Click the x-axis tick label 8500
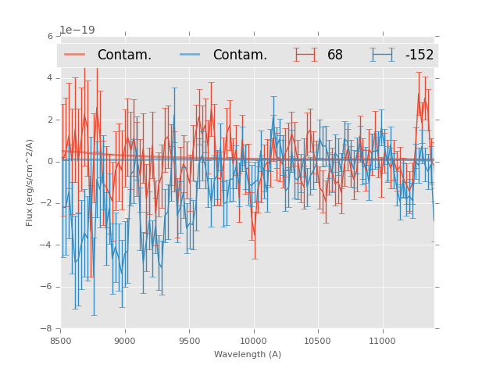pos(61,340)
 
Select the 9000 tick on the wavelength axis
pos(125,340)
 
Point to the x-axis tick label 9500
pos(189,340)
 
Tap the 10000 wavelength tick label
pos(253,340)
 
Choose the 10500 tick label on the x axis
pos(318,340)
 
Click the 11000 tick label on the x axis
pos(382,340)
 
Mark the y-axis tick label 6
pos(50,36)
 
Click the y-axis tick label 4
pos(50,78)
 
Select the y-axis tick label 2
pos(50,120)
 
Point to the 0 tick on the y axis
pos(50,162)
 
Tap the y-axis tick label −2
pos(48,203)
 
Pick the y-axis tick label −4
pos(48,245)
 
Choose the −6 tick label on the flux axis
pos(48,287)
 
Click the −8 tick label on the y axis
pos(48,329)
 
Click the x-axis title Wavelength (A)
pos(248,354)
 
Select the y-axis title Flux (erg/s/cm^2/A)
pos(30,182)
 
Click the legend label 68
pos(335,55)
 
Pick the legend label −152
pos(419,55)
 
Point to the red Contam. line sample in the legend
pos(75,55)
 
